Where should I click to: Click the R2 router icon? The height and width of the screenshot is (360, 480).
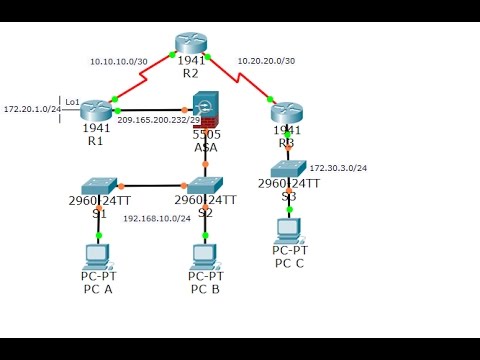point(190,43)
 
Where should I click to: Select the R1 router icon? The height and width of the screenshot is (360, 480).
point(97,110)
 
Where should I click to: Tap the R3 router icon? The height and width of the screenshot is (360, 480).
point(286,111)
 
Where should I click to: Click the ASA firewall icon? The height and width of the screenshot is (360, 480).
point(205,110)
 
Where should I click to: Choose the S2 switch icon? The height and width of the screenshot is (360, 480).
point(205,184)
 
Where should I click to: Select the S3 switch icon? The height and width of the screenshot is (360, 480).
point(288,169)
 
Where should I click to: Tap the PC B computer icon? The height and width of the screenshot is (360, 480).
point(205,252)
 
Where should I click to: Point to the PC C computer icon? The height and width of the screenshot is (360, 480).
point(288,227)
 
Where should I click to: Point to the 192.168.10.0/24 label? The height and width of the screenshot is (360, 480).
point(156,218)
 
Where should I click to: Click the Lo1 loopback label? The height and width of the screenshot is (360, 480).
point(71,101)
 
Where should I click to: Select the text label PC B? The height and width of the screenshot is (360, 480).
point(206,289)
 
